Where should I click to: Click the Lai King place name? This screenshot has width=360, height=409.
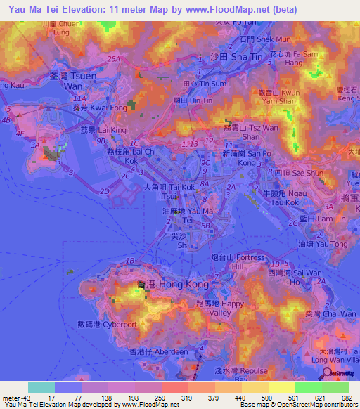coord(102,131)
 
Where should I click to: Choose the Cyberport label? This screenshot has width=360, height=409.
coord(106,325)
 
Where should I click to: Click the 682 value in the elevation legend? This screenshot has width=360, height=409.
coord(346,398)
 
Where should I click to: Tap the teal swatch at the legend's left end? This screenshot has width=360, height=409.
coord(41,387)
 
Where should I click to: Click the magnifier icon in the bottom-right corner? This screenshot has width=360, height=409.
coord(326,375)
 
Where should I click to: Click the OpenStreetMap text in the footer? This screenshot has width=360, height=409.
coord(300,405)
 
